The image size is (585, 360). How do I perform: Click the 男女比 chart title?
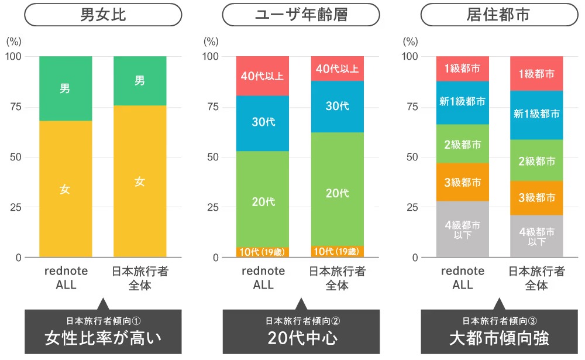click(x=102, y=15)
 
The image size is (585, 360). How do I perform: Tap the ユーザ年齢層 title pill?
click(x=301, y=15)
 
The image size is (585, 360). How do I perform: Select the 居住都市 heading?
click(x=499, y=15)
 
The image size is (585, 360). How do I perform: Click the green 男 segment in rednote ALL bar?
click(x=65, y=88)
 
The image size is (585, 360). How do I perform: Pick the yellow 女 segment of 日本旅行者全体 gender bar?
click(x=139, y=181)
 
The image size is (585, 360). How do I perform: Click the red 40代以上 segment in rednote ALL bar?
click(x=263, y=76)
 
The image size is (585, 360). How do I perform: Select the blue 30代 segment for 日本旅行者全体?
click(x=337, y=106)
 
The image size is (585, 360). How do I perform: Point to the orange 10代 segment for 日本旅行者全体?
click(x=337, y=252)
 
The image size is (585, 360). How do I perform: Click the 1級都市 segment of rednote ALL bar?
click(x=462, y=68)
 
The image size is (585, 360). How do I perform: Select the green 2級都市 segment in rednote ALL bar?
click(x=462, y=144)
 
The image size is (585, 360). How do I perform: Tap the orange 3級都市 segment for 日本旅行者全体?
click(x=536, y=198)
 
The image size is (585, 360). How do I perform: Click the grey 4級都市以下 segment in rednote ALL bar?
click(x=462, y=229)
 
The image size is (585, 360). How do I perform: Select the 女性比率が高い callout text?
click(x=102, y=338)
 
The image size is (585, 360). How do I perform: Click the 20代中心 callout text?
click(x=301, y=338)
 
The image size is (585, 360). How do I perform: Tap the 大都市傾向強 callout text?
click(x=499, y=338)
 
